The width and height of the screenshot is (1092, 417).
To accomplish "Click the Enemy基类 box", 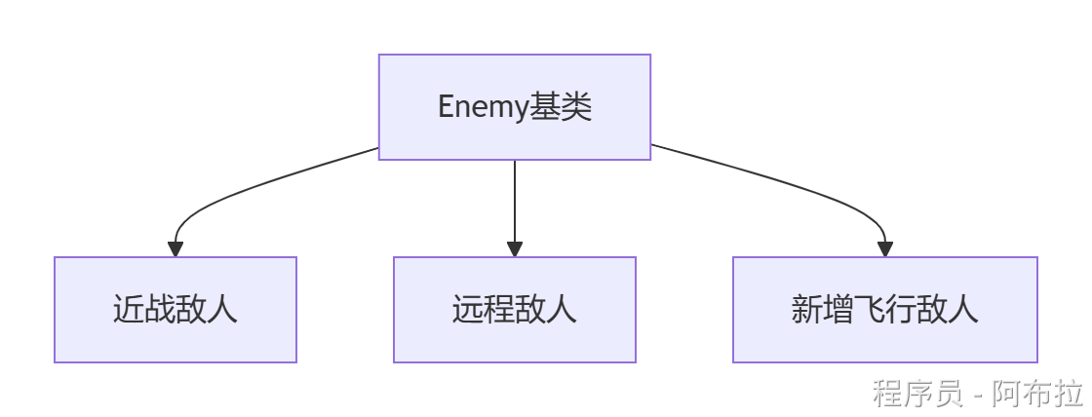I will point(514,106).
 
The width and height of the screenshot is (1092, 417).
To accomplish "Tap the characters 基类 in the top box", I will point(561,106).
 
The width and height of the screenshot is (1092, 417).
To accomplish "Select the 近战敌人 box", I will point(175,310).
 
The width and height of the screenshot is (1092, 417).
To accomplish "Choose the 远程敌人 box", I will point(514,310).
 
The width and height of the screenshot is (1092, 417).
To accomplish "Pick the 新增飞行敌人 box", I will point(884,310).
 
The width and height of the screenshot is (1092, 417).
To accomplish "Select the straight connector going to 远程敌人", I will point(515,200).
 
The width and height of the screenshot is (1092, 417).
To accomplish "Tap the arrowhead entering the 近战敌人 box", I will point(175,249).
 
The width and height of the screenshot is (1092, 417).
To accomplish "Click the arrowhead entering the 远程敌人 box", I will point(515,249).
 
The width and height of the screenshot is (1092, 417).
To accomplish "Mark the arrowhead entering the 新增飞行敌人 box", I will point(884,249).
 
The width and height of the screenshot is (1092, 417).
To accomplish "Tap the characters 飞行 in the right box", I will point(884,310).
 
